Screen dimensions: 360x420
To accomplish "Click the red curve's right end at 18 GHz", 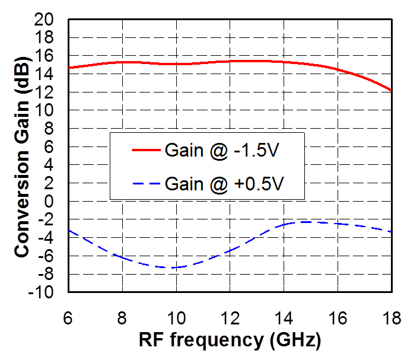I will [391, 90].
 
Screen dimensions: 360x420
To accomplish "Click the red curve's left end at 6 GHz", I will [69, 68].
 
